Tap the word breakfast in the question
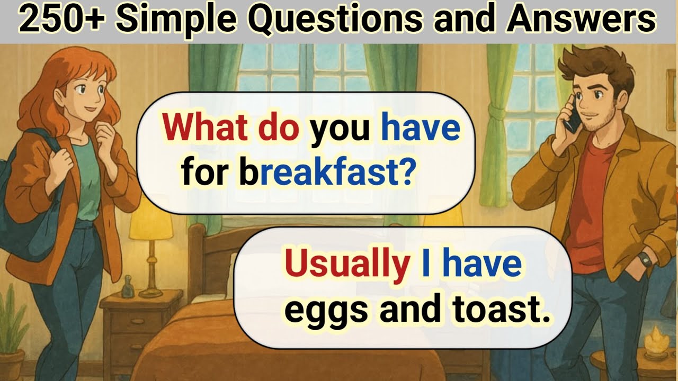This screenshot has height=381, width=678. (314, 174)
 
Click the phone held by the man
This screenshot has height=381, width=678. (572, 116)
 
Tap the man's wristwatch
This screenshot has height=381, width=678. (644, 259)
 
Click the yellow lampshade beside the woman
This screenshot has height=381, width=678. (151, 222)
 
